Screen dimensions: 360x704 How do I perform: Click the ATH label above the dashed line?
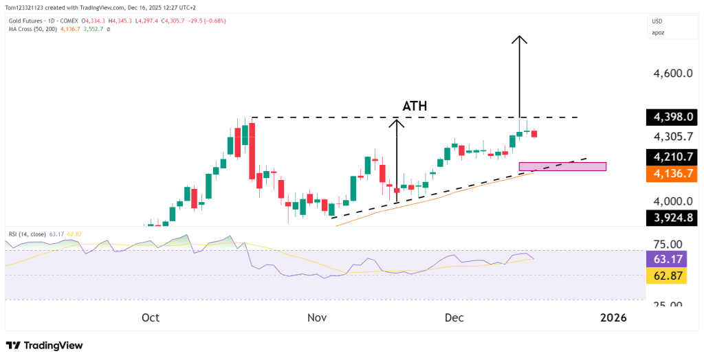[x=415, y=106]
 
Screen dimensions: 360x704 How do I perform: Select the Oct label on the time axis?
[x=151, y=317]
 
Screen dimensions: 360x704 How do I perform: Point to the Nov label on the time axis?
[x=316, y=317]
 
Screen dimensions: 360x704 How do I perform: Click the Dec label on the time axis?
[x=454, y=317]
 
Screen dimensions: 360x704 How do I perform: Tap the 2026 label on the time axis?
[x=613, y=317]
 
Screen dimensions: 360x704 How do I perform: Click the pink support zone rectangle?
[x=562, y=166]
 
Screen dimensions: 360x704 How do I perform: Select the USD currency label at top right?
[x=658, y=21]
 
